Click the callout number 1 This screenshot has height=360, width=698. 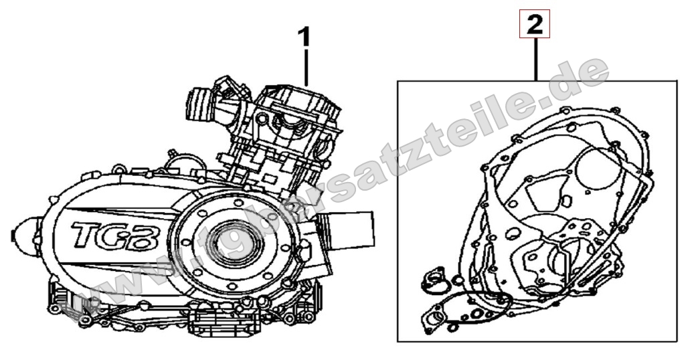(304, 37)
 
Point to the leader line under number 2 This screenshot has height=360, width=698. (537, 60)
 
